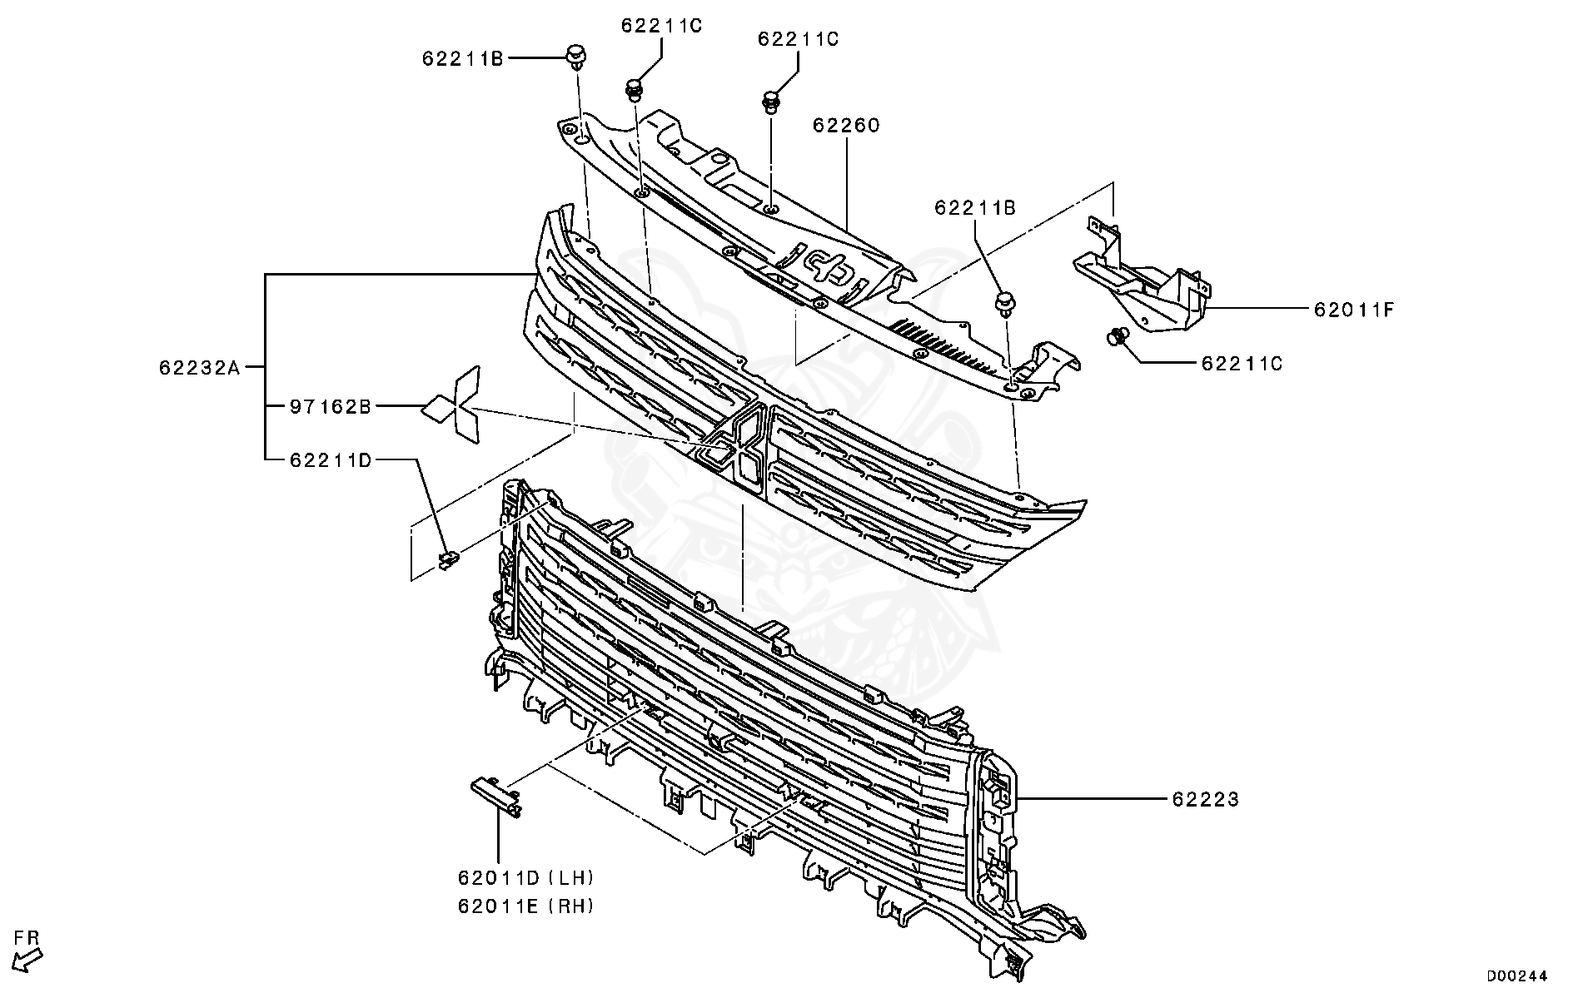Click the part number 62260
[846, 126]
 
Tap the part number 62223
[1205, 800]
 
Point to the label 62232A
[199, 367]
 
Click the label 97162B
[330, 407]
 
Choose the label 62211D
[330, 459]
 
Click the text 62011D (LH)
[525, 877]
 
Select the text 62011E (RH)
[525, 906]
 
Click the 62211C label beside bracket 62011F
[1242, 364]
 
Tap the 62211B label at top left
[462, 58]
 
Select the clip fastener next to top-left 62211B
[575, 57]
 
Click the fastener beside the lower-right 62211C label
[1118, 337]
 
